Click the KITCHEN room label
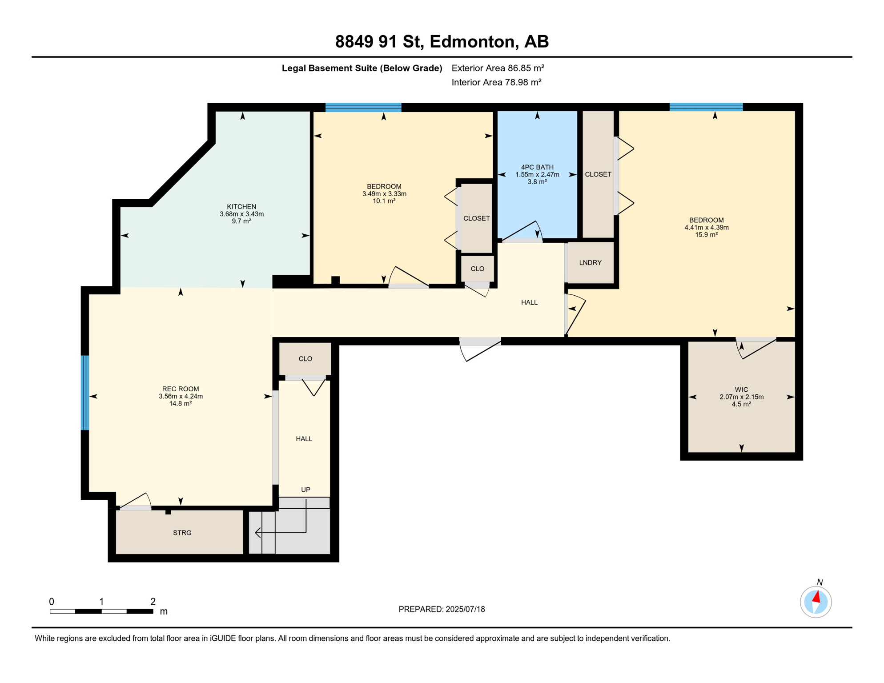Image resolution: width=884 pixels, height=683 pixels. point(241,207)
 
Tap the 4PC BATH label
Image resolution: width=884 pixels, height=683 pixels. point(537,167)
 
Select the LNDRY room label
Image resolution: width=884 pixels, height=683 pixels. point(590,263)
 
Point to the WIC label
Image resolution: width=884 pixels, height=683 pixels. point(741,390)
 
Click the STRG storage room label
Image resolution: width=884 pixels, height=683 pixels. point(182,533)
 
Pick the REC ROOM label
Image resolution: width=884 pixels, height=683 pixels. point(181,389)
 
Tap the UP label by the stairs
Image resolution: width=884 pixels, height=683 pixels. point(305,490)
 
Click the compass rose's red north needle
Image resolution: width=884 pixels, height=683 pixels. point(816,597)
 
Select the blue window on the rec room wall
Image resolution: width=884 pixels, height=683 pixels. point(85,393)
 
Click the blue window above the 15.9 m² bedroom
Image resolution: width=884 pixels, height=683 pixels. point(706,107)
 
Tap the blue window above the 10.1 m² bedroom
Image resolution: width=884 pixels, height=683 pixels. point(363,107)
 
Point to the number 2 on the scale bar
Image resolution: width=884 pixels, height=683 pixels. point(153,602)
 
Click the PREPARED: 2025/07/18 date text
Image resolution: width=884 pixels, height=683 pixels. point(442,609)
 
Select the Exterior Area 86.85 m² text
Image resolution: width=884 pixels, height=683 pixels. point(498,68)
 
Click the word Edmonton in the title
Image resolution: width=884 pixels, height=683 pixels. point(471,42)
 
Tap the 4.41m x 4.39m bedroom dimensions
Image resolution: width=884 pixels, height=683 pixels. point(707,228)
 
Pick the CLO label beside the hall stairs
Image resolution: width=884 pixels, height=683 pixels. point(305,359)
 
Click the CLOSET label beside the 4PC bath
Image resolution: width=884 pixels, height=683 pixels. point(598,174)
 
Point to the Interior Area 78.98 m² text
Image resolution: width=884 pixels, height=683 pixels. point(496,82)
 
